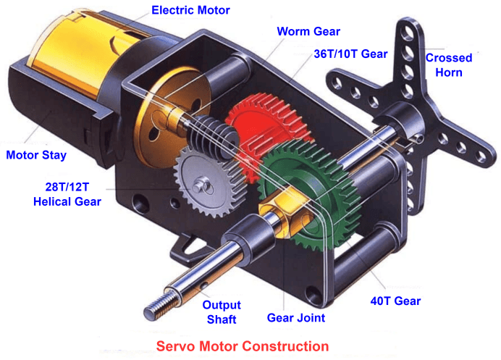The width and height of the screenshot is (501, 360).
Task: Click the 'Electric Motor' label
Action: pyautogui.click(x=191, y=10)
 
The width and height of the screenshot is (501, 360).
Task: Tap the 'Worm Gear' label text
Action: pyautogui.click(x=308, y=32)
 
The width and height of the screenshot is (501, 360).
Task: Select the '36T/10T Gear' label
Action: pyautogui.click(x=350, y=54)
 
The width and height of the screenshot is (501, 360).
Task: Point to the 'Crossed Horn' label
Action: pyautogui.click(x=448, y=64)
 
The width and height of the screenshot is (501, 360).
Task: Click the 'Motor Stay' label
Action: pyautogui.click(x=35, y=154)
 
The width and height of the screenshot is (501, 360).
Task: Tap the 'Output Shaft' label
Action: pyautogui.click(x=221, y=312)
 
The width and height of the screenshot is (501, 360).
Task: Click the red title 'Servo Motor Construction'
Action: pyautogui.click(x=242, y=346)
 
